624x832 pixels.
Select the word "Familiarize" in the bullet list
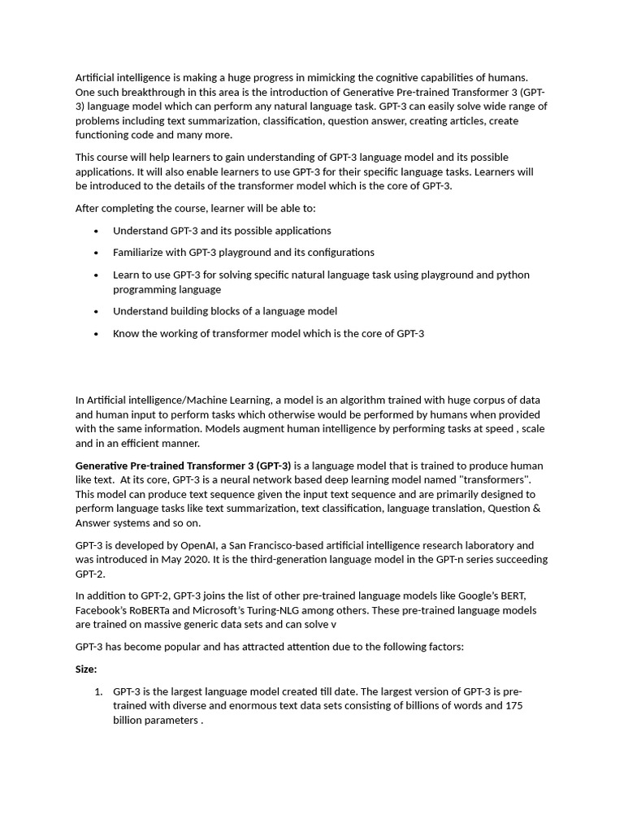[140, 253]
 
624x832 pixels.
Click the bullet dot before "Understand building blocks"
[96, 312]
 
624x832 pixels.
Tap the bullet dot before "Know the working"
[96, 334]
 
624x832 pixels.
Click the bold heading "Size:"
[86, 669]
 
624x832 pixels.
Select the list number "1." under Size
[97, 692]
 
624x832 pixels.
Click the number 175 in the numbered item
[513, 706]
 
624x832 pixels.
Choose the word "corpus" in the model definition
[440, 401]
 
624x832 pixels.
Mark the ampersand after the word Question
[536, 509]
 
